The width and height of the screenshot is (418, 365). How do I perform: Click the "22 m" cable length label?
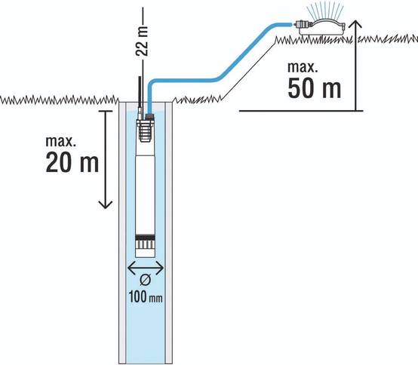[x=142, y=41]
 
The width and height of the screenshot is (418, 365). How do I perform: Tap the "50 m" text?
[x=315, y=88]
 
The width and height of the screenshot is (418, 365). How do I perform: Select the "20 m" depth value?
[x=72, y=163]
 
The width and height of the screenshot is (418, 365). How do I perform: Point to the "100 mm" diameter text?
[x=146, y=297]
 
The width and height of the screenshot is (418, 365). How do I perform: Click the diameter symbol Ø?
[x=146, y=281]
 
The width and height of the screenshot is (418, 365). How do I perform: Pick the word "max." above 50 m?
[x=303, y=67]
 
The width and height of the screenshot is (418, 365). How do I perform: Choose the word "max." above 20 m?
[x=61, y=141]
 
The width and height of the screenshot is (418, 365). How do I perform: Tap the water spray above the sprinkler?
[x=324, y=11]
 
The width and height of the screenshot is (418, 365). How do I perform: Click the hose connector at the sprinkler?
[x=303, y=25]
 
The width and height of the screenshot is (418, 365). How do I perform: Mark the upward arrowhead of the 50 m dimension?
[x=355, y=23]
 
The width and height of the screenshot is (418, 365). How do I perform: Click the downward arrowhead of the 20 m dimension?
[x=106, y=205]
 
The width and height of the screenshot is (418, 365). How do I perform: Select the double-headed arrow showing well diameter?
[x=146, y=268]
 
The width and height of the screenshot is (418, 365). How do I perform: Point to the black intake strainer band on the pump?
[x=146, y=238]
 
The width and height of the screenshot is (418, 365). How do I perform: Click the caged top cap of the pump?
[x=146, y=130]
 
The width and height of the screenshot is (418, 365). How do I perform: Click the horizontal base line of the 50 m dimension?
[x=301, y=111]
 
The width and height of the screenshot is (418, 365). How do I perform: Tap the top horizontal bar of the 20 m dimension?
[x=106, y=111]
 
